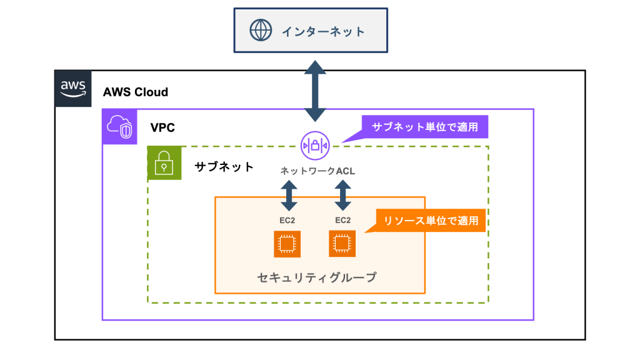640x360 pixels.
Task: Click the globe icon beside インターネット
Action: (259, 31)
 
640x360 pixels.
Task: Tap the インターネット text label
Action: (322, 31)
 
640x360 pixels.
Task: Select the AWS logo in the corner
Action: (73, 88)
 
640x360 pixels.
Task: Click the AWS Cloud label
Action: (136, 92)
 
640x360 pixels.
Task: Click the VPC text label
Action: (162, 127)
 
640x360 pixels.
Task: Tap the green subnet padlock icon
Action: (164, 163)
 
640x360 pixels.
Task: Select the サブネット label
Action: (224, 167)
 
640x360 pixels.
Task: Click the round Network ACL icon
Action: (314, 145)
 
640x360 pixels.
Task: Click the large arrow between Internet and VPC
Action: (314, 91)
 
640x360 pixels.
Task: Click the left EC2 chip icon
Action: (287, 244)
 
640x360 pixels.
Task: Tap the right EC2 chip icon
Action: (342, 243)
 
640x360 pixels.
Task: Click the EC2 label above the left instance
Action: (287, 220)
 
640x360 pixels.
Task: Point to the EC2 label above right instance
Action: (342, 220)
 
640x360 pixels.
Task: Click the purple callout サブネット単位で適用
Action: (424, 127)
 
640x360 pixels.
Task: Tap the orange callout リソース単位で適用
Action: (431, 220)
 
